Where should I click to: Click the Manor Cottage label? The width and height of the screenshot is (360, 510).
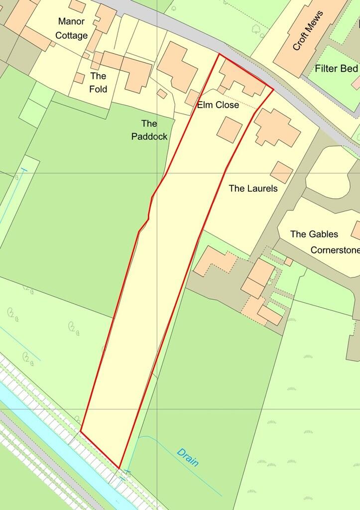click(73, 28)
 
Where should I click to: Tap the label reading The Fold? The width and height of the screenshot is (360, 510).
click(99, 82)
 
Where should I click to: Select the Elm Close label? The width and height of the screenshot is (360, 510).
click(218, 106)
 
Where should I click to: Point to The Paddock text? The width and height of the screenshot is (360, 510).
click(149, 130)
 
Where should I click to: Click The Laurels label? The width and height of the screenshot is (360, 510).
click(252, 189)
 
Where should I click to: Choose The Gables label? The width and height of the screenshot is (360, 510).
click(314, 234)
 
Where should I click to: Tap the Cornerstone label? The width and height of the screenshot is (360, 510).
click(335, 250)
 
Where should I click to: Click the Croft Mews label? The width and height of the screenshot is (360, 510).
click(307, 31)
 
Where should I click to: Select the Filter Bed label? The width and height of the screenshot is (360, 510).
click(336, 68)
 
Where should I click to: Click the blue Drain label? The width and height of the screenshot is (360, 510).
click(188, 456)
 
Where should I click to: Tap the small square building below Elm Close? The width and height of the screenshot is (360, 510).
click(230, 129)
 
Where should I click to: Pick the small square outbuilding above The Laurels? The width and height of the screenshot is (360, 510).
click(282, 172)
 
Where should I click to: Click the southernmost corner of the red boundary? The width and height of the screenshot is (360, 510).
click(120, 468)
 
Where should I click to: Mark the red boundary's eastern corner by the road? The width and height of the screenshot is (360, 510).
click(273, 90)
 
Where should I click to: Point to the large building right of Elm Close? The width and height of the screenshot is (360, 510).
click(277, 128)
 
